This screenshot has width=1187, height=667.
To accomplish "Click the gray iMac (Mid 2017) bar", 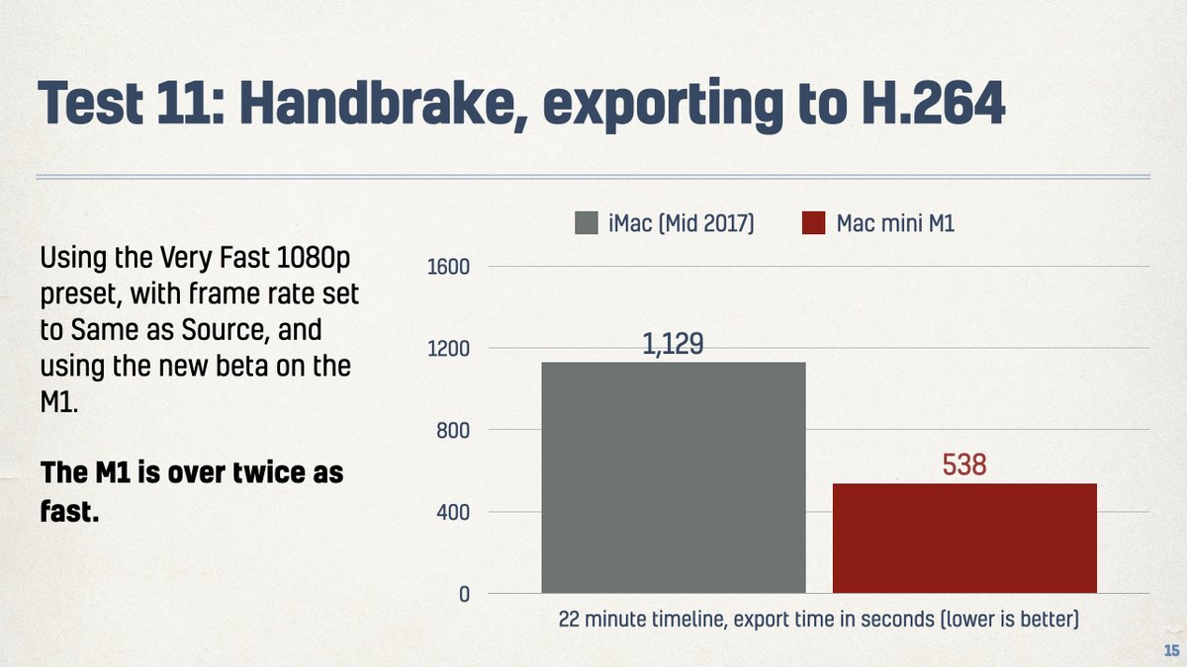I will (x=674, y=477).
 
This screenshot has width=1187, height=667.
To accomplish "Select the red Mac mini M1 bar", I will (x=964, y=538).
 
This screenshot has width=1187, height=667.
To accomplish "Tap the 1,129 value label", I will (x=673, y=345).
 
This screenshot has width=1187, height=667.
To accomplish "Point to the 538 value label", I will (x=964, y=464).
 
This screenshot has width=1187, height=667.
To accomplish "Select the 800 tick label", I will (x=452, y=431).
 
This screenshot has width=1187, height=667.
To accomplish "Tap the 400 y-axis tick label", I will (x=452, y=512).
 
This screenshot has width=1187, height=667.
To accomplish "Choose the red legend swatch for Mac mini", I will (x=813, y=224).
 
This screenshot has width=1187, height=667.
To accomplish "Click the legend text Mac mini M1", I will (x=895, y=224).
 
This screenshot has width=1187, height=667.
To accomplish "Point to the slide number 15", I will (x=1170, y=650).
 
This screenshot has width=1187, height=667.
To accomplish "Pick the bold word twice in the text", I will (x=263, y=472).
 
